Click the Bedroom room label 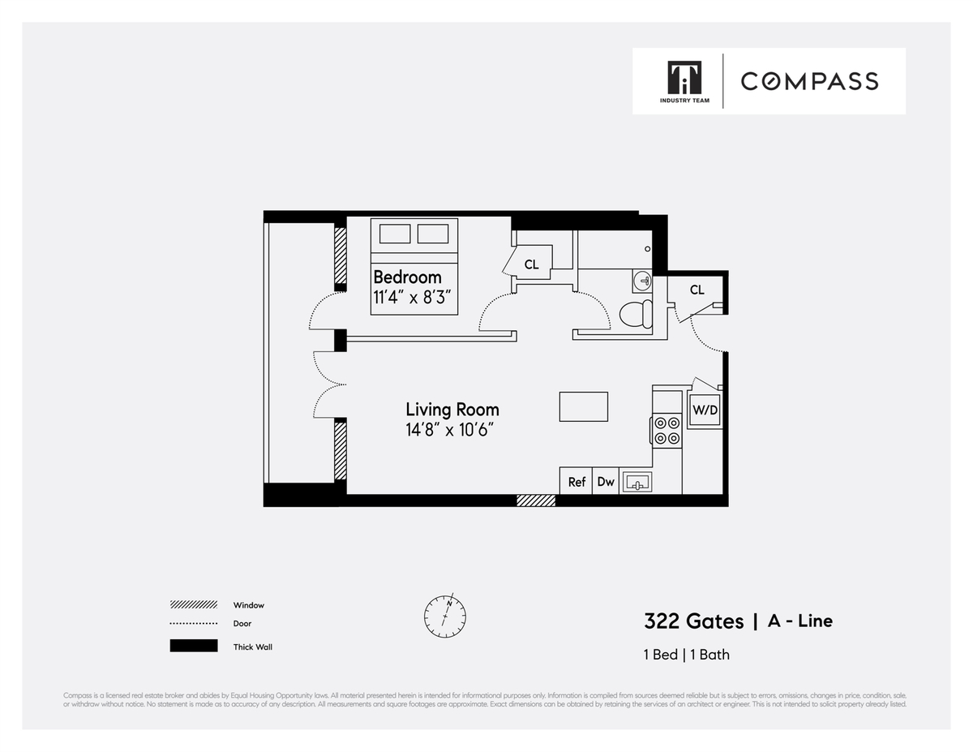click(407, 277)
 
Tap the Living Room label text click(452, 410)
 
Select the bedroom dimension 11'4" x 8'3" click(414, 298)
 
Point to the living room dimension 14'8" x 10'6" click(450, 430)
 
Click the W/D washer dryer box click(704, 410)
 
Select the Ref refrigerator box click(577, 481)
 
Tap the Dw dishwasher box click(606, 481)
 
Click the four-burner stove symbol click(667, 430)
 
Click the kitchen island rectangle click(583, 406)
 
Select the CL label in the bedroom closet click(531, 264)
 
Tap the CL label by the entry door click(697, 290)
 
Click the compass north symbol click(445, 616)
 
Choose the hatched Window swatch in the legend click(194, 605)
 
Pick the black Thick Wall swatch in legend click(194, 647)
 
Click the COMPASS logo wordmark click(809, 81)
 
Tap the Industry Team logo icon click(684, 78)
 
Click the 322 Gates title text click(693, 621)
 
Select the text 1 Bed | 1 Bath click(686, 655)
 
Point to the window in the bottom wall click(536, 501)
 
